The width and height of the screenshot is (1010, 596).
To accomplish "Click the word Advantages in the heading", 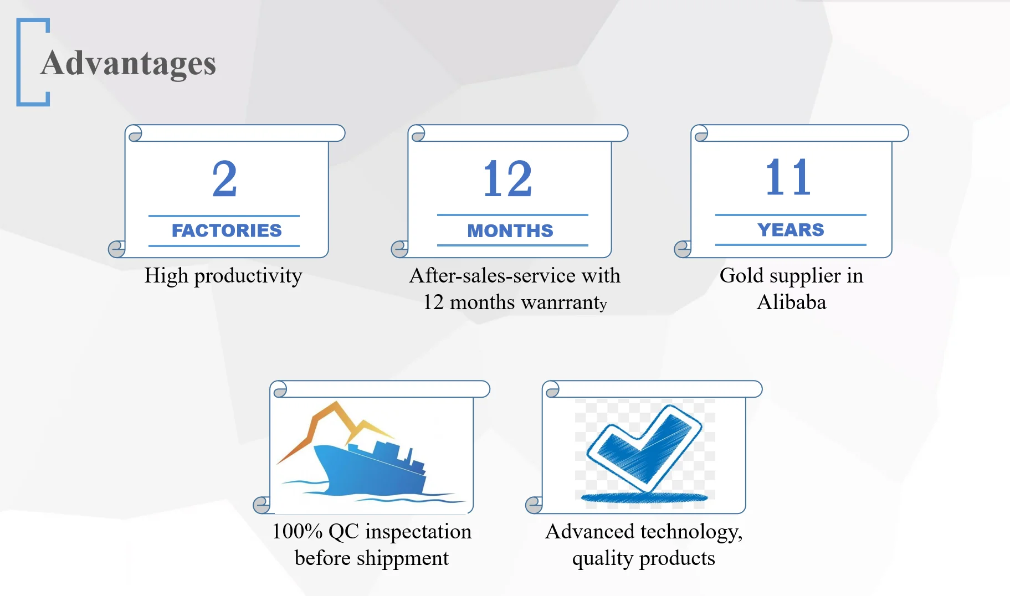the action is coord(128,64).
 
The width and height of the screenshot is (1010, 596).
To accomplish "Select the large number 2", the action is coord(224,179).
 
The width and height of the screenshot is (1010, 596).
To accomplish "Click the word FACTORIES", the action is coord(227,230).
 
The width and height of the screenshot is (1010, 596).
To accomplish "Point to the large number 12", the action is coord(507,179).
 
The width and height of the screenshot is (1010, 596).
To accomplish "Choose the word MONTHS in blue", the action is coord(510,230).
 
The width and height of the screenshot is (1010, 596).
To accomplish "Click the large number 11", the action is coord(788,177).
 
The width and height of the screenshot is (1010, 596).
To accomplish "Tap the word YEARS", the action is coord(791,229).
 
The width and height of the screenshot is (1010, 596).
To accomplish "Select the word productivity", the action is coord(248,276).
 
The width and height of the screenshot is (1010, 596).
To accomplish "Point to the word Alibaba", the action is coord(791,302).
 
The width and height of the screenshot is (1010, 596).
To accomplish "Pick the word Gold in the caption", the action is coord(741,275).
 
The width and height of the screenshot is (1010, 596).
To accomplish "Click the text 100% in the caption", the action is coord(298,531).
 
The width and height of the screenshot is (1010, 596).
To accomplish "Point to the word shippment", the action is coord(403,559).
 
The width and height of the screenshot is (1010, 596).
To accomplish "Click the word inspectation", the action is coord(418,532).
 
